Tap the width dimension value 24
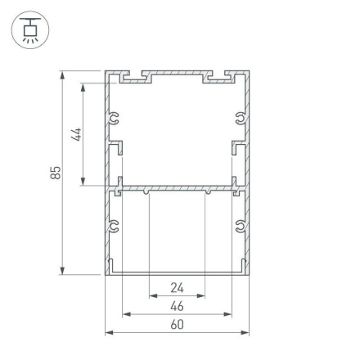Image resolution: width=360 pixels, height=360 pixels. pos(177,287)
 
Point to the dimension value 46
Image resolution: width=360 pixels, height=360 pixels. pos(177,306)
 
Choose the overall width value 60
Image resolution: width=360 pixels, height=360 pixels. pos(177,326)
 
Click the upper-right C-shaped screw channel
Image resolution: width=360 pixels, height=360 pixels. pos(241,121)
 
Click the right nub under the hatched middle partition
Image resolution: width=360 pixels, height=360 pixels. pos(206,193)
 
